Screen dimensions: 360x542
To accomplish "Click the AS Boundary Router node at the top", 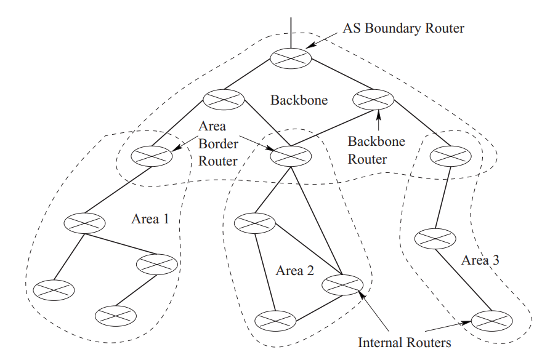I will coord(291,58).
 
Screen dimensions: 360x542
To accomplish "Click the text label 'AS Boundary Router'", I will coord(403,28).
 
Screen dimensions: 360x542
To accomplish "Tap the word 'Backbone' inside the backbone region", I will coord(299,100).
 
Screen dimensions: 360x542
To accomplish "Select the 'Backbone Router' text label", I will coord(376,150).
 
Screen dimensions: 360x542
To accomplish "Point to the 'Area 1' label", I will coord(149,219).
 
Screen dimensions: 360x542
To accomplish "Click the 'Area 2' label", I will coord(295,271).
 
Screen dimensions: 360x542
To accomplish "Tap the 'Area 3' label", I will coord(480,260).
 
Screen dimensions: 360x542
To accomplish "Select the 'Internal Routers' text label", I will coord(405,342).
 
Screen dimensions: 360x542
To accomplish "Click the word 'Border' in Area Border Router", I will coord(217,143).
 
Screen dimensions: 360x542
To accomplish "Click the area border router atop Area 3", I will coord(447,155).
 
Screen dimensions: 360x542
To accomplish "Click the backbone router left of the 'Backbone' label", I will coord(224,98).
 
